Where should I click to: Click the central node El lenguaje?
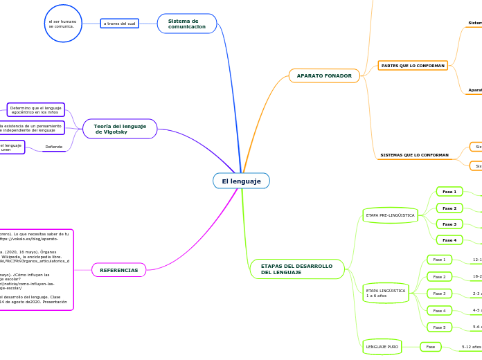241,181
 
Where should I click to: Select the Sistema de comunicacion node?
187,24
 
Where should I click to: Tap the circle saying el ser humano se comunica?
63,24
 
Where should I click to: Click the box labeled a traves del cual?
119,24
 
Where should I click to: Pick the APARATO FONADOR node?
324,75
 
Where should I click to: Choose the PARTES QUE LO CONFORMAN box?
413,66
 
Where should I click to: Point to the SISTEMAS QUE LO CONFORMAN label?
414,155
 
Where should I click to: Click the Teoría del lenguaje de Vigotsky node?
120,129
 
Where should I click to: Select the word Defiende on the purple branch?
54,147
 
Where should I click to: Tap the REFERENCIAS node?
119,270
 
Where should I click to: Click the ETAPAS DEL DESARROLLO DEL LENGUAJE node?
296,269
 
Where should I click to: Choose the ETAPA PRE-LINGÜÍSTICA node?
390,215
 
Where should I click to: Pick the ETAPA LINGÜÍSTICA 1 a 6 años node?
386,294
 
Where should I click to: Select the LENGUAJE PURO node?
382,346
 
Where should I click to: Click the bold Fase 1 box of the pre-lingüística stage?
449,191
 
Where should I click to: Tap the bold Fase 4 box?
449,240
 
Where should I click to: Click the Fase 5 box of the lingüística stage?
439,327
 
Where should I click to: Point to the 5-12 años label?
472,347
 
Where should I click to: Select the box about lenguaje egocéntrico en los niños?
36,109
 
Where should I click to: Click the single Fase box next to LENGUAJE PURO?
430,347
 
